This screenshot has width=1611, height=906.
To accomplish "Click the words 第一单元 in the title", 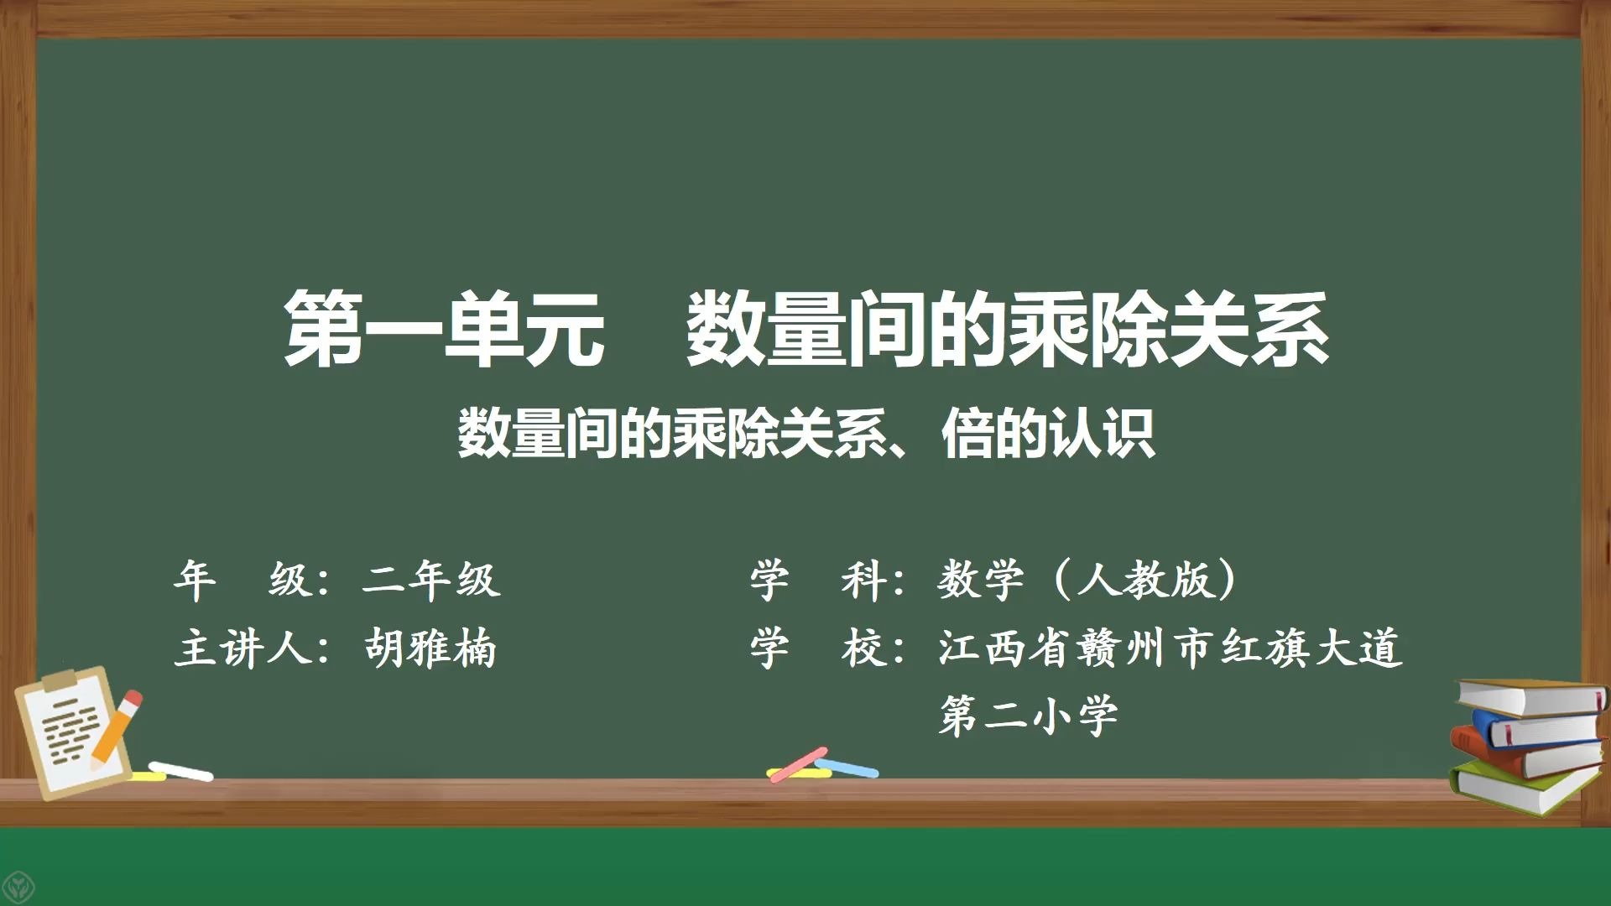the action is (x=445, y=329).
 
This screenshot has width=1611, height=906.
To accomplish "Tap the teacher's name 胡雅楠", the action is (x=430, y=648).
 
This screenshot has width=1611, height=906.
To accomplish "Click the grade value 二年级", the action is (x=431, y=579).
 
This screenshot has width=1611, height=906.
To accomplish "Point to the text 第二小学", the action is (x=1029, y=716).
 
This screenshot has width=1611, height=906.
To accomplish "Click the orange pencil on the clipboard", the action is (x=116, y=727).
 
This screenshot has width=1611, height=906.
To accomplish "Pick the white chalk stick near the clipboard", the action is (x=180, y=770).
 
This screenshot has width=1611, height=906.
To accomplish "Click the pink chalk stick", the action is (x=798, y=763).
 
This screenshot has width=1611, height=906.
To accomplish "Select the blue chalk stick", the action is (x=847, y=767).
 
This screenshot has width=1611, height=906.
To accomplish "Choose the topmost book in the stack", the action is (x=1531, y=696).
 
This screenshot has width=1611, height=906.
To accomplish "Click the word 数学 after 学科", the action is (x=980, y=579).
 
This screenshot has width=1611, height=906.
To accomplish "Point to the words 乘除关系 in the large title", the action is (x=1168, y=329).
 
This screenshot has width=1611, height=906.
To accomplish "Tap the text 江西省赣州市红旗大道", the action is (x=1170, y=648).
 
